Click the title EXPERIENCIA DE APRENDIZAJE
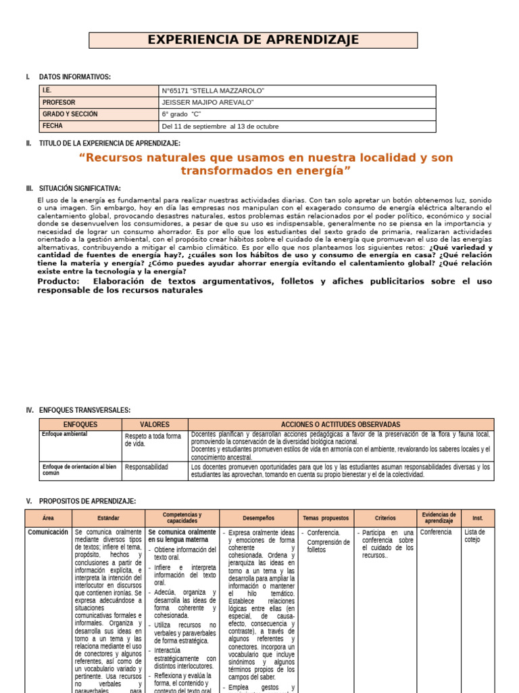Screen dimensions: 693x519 point(253,41)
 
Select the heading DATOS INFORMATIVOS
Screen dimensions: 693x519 point(74,77)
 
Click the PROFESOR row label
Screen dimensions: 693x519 point(59,102)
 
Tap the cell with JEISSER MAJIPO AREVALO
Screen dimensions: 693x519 point(207,102)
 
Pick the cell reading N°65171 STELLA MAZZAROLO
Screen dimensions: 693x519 point(213,91)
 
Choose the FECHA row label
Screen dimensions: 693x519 point(53,126)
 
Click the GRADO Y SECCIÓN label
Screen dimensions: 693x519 point(70,114)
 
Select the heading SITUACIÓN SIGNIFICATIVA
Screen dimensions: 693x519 point(80,188)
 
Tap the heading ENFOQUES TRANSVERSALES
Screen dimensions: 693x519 point(84,410)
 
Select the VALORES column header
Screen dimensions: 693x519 point(155,424)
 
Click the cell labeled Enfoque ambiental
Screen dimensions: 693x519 point(64,434)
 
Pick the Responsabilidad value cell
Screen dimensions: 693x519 point(147,467)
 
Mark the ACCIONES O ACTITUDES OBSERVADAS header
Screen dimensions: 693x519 point(341,424)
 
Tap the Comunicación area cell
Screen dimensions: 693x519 point(48,533)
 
